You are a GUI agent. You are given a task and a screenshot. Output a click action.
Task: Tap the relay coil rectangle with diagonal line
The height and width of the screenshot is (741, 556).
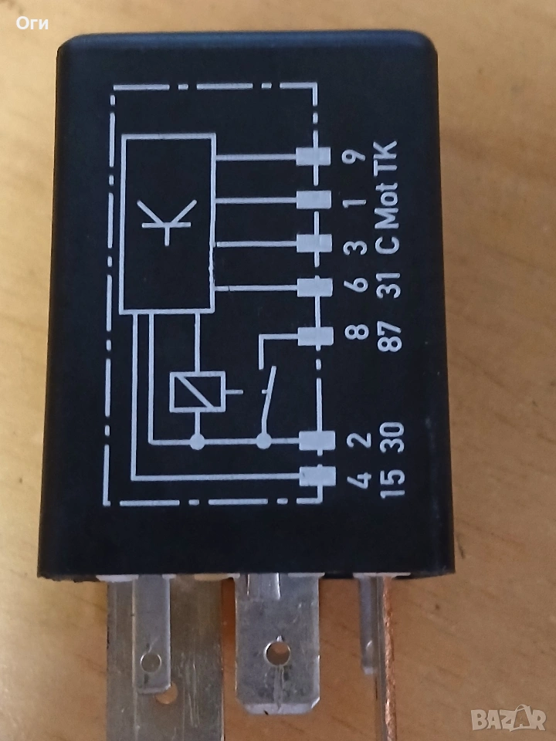coord(197,391)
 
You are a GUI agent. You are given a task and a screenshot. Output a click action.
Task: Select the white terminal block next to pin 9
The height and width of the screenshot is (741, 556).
coord(314,157)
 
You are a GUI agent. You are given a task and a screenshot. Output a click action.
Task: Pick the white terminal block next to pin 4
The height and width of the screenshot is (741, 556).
coord(316,475)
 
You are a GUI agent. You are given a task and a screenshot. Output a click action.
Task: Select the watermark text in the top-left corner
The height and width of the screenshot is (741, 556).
coord(32,23)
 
